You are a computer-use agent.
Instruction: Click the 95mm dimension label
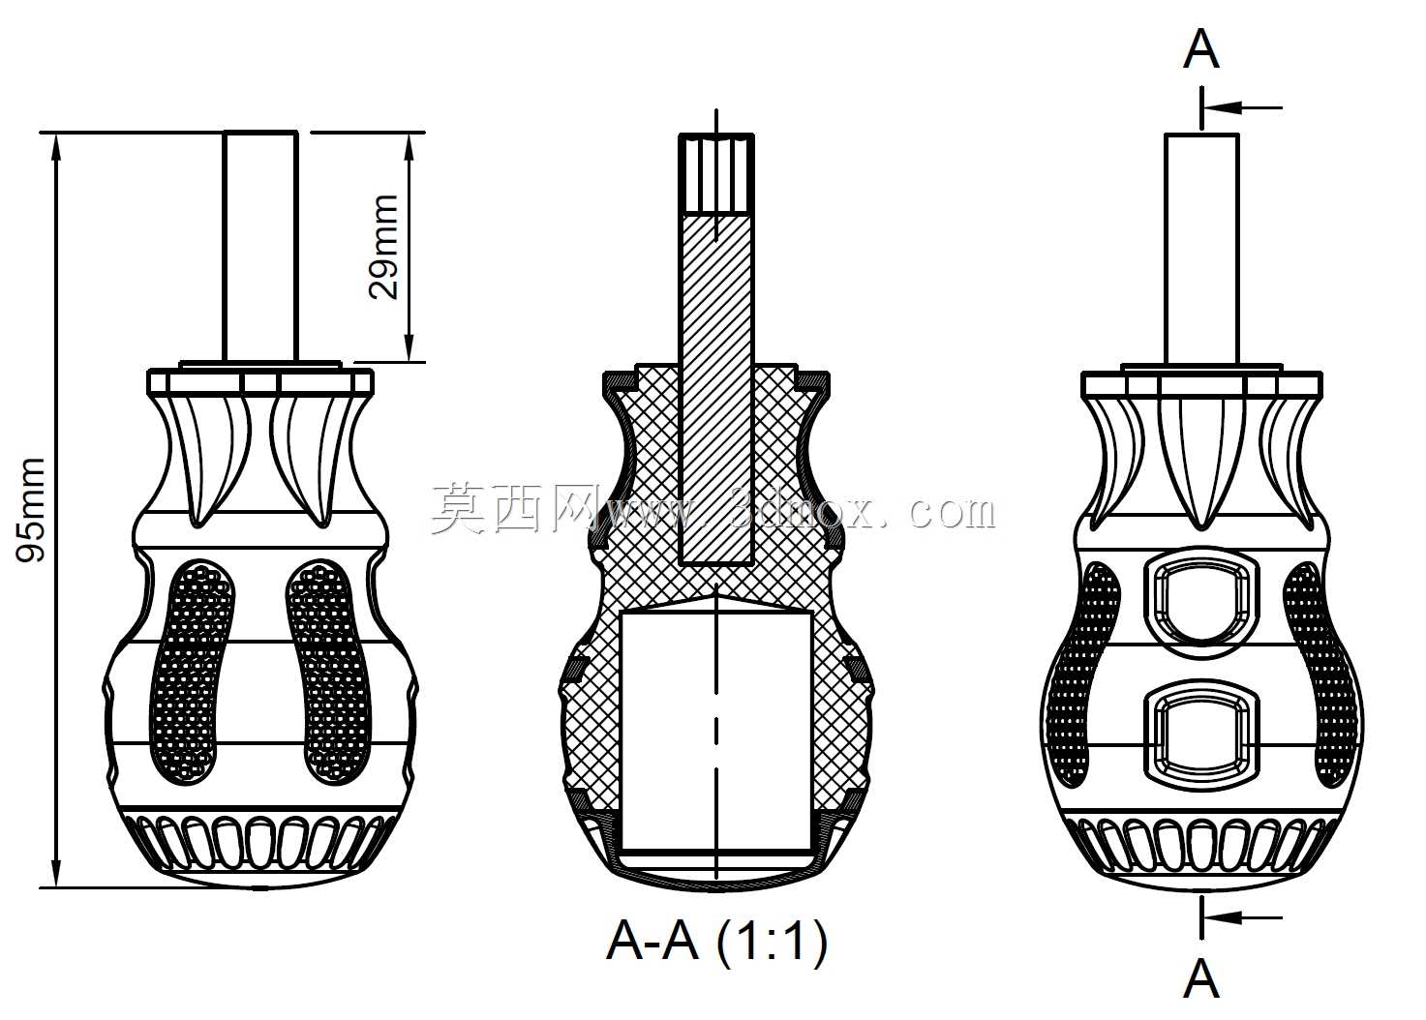[31, 509]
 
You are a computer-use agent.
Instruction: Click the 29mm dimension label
[383, 246]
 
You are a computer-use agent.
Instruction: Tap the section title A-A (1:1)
[716, 942]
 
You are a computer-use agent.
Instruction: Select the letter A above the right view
[1200, 49]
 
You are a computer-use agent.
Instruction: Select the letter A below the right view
[1200, 978]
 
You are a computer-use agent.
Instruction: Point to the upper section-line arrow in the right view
[1241, 107]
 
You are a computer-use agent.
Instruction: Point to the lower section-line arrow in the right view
[1241, 917]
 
